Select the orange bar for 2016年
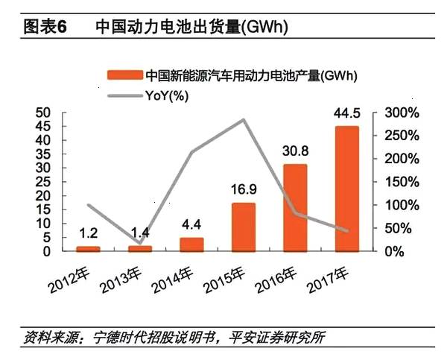click(295, 208)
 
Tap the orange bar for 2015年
click(243, 227)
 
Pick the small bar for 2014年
click(191, 244)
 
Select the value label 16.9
click(243, 191)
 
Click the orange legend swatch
click(123, 75)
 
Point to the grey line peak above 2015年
click(243, 119)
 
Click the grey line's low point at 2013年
click(139, 243)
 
